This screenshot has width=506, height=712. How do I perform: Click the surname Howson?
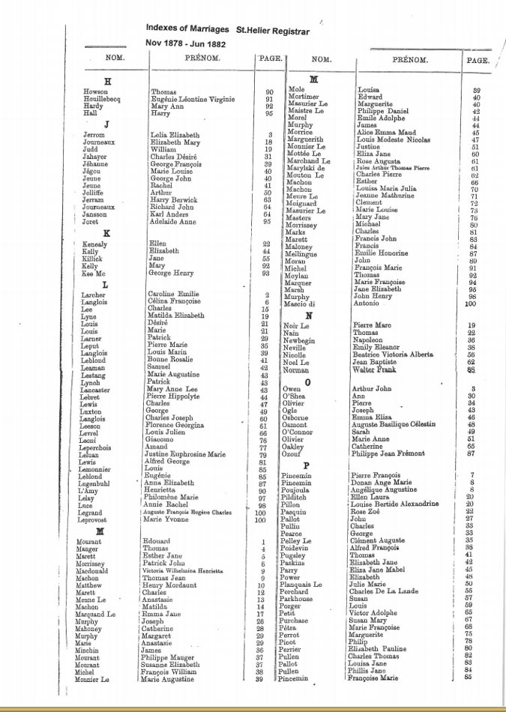94,91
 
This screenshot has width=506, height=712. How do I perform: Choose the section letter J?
107,124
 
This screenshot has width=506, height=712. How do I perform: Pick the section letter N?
309,316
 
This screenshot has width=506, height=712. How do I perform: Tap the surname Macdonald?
97,571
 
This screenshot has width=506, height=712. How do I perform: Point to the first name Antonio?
367,304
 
